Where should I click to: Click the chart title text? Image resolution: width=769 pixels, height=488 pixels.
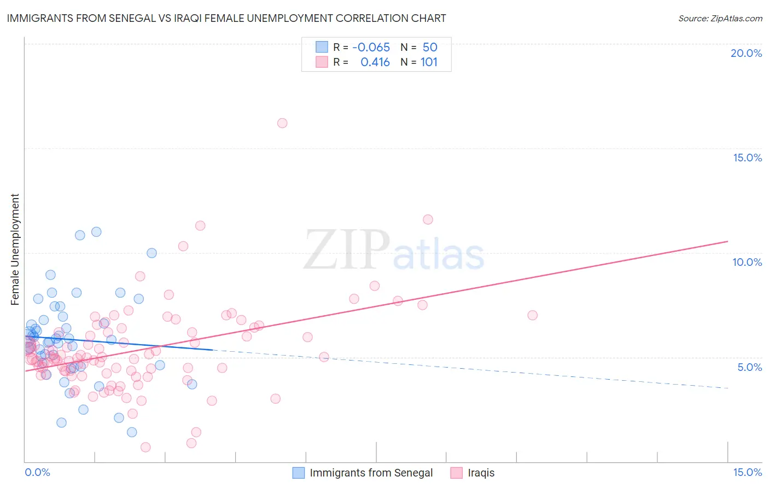tap(226, 19)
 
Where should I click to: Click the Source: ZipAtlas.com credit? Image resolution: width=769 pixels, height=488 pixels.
tap(720, 19)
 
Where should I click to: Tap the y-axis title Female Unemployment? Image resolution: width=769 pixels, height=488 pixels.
tap(15, 249)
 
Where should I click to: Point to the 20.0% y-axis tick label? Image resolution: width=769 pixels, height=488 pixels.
tap(746, 53)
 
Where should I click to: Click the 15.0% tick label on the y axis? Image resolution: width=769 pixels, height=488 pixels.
tap(747, 158)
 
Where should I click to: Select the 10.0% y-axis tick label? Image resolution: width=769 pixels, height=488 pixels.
tap(747, 262)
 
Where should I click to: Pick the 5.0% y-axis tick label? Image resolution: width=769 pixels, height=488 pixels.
tap(749, 367)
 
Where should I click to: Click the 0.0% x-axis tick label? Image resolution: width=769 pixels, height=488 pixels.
tap(37, 472)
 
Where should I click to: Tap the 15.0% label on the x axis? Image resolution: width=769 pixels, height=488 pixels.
tap(747, 472)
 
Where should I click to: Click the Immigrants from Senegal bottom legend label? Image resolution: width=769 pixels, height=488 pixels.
tap(371, 473)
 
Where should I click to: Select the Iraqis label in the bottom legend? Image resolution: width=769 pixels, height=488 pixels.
tap(481, 473)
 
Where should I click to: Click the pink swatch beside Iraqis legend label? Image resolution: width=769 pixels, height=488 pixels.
tap(456, 473)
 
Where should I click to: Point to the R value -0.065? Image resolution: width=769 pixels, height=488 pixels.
tap(371, 48)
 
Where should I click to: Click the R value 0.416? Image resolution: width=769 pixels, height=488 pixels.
tap(375, 62)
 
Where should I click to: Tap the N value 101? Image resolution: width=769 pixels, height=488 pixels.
tap(429, 62)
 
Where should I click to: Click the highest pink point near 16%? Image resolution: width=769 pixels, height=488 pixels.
tap(282, 123)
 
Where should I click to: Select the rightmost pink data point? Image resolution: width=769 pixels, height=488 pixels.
tap(532, 315)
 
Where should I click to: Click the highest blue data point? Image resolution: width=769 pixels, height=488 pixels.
tap(96, 232)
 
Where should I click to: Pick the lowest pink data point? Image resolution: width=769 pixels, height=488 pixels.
tap(145, 448)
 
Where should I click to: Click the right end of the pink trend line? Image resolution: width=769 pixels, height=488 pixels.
tap(728, 241)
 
